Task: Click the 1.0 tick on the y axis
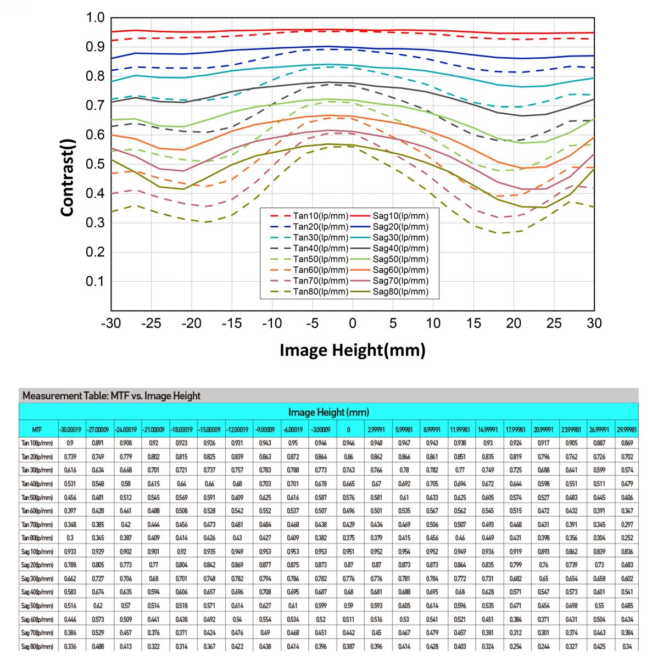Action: tap(95, 18)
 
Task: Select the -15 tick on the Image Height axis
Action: tap(232, 323)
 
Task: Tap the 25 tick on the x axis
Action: tap(554, 323)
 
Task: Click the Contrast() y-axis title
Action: tap(68, 177)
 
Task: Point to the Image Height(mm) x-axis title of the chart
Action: tap(352, 350)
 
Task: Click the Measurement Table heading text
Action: tap(111, 395)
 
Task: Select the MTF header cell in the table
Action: tap(37, 429)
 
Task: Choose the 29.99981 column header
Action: tap(627, 429)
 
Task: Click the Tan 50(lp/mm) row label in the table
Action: tap(37, 498)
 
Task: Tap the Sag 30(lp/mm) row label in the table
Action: tap(37, 579)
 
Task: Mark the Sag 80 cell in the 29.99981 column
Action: tap(627, 647)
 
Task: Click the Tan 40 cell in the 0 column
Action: tap(348, 484)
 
